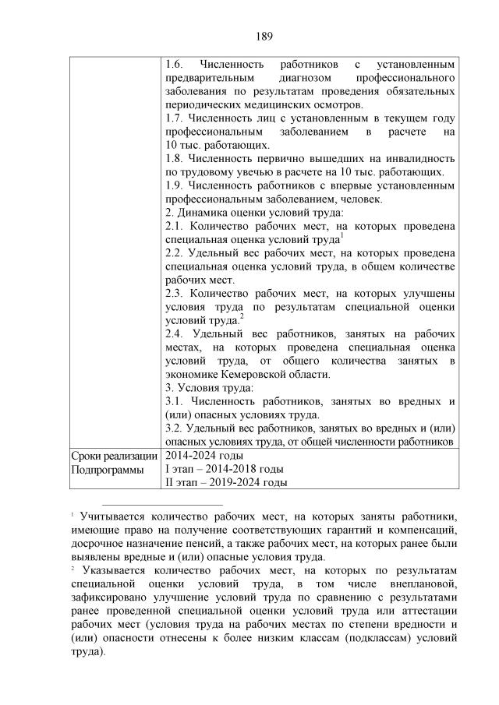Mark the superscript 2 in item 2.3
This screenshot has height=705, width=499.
[x=242, y=315]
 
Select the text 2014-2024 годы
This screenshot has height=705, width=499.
[x=203, y=456]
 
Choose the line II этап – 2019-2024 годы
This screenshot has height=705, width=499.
[x=225, y=483]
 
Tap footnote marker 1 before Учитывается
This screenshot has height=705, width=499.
[x=73, y=515]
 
